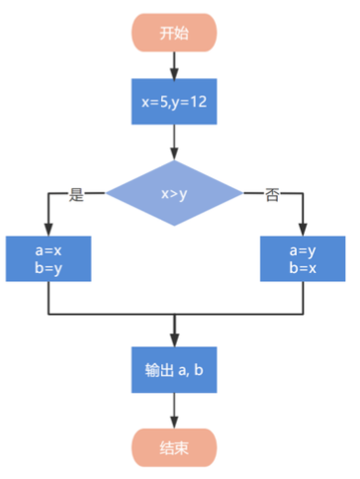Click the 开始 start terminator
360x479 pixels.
[x=174, y=33]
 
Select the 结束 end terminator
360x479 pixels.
[x=174, y=447]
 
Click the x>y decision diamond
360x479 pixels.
[x=174, y=193]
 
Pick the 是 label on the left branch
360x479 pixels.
[x=76, y=194]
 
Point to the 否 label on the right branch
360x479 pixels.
[x=272, y=194]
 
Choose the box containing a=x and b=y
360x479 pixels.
[x=48, y=258]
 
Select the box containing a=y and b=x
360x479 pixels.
[x=303, y=258]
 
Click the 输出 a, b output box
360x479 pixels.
[x=174, y=370]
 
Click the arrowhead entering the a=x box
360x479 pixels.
[x=48, y=230]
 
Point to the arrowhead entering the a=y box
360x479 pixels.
[x=303, y=230]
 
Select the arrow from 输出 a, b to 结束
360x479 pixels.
[x=174, y=411]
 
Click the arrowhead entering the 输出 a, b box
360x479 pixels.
[x=174, y=340]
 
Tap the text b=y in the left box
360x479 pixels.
[x=48, y=268]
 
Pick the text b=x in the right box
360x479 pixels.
[x=303, y=268]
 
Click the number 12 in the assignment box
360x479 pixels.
[x=199, y=102]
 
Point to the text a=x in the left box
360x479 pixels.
[x=48, y=250]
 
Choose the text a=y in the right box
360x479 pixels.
[x=303, y=251]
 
